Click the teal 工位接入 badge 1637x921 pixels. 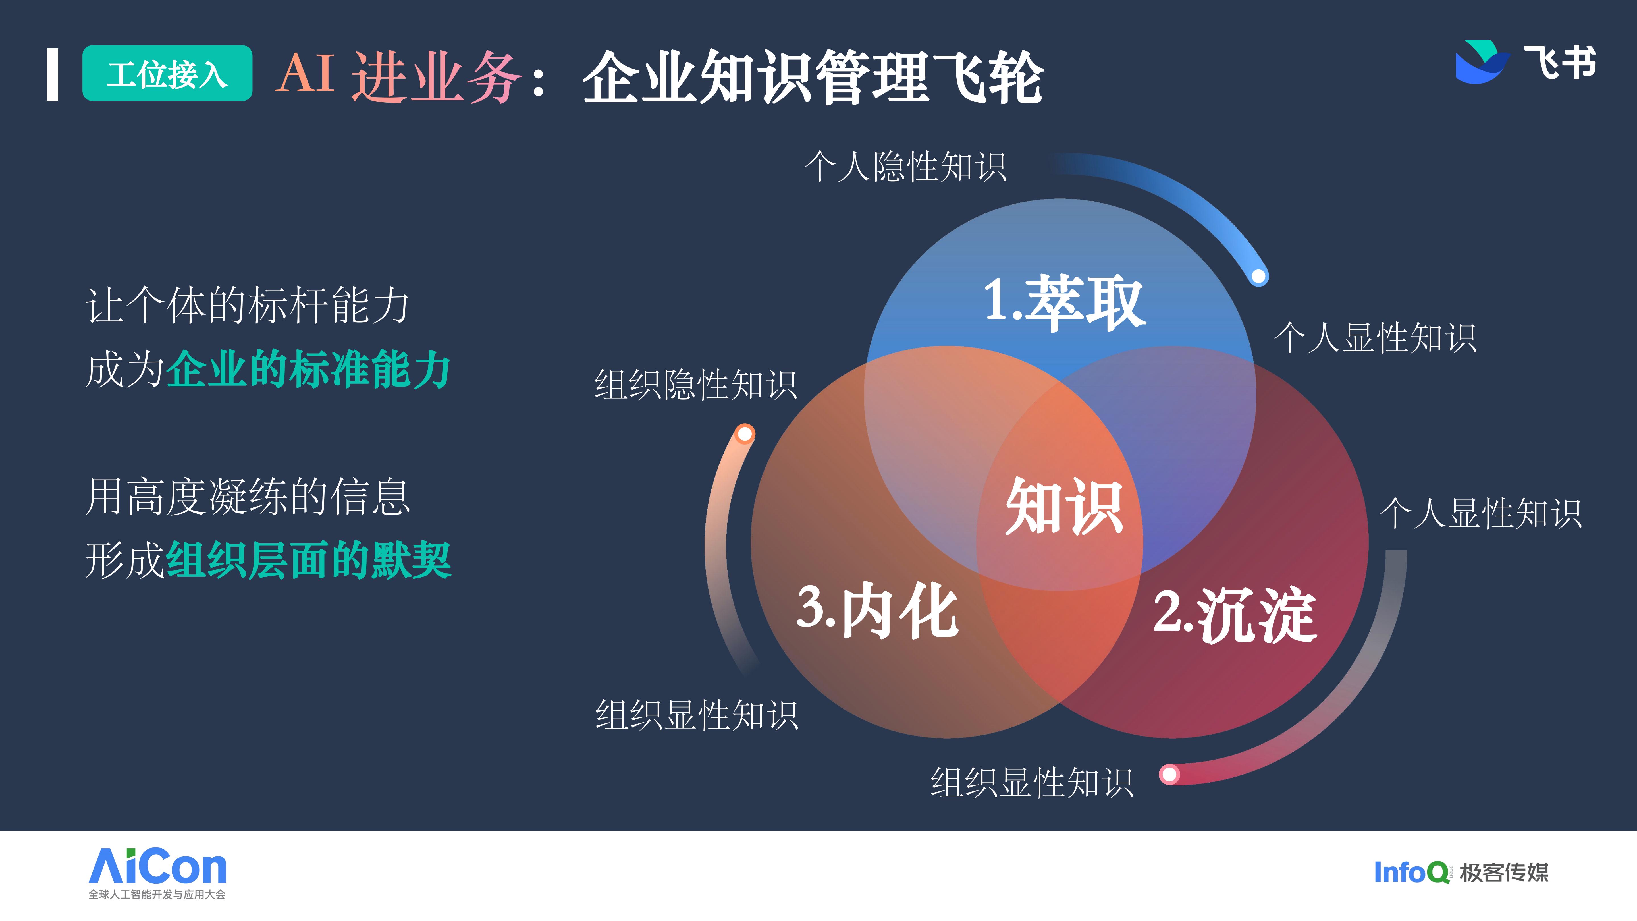point(167,73)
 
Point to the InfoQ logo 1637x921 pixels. point(1411,872)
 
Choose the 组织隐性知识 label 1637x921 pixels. point(696,385)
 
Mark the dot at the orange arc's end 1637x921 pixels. point(745,434)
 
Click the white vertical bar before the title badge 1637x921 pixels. point(53,74)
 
